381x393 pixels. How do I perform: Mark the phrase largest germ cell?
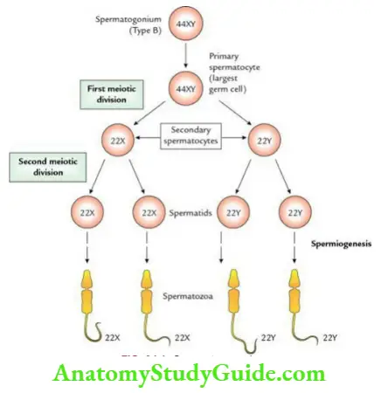[229, 98]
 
